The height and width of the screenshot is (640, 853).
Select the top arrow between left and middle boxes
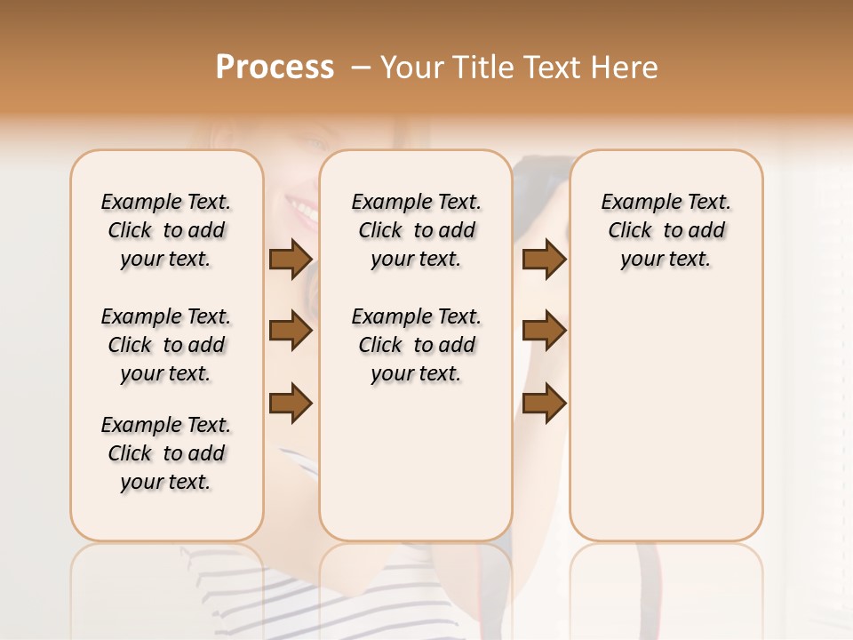pos(291,260)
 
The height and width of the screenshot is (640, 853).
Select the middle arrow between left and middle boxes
pos(291,332)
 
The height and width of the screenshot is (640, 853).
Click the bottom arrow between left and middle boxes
pos(291,404)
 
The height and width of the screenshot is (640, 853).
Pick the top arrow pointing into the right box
pos(544,260)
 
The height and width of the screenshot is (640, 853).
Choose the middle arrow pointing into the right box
pos(544,332)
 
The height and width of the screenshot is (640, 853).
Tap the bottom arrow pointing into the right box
pos(544,404)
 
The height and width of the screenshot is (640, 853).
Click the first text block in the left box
pos(166,230)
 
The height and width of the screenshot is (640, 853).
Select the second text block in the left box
pos(166,345)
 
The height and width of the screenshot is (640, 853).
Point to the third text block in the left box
pos(166,453)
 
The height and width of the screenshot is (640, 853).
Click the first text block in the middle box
pos(416,230)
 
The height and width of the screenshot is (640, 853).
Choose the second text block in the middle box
pos(416,345)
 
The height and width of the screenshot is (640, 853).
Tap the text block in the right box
pos(666,230)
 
